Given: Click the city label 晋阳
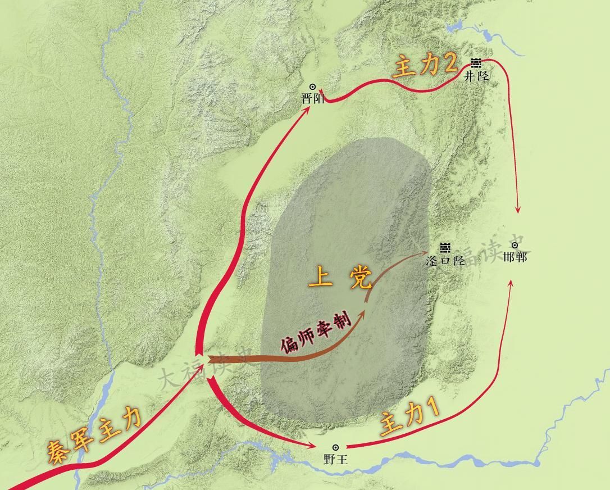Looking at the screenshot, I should [313, 99].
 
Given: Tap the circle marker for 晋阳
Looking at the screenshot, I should [313, 87].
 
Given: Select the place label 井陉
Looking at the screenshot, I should [476, 76].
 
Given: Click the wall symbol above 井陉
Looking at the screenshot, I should [476, 63].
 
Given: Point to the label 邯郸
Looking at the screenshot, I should [515, 257].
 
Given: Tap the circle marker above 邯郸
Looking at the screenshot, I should [515, 246].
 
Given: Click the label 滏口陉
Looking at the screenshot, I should [445, 261].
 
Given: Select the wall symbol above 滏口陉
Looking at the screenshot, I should [445, 248].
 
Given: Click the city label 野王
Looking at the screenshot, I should [336, 459].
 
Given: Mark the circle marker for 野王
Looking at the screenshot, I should [336, 447].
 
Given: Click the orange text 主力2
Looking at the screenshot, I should [424, 67].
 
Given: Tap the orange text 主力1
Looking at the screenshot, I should [409, 420].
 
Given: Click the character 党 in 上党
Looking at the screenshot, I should [359, 278].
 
